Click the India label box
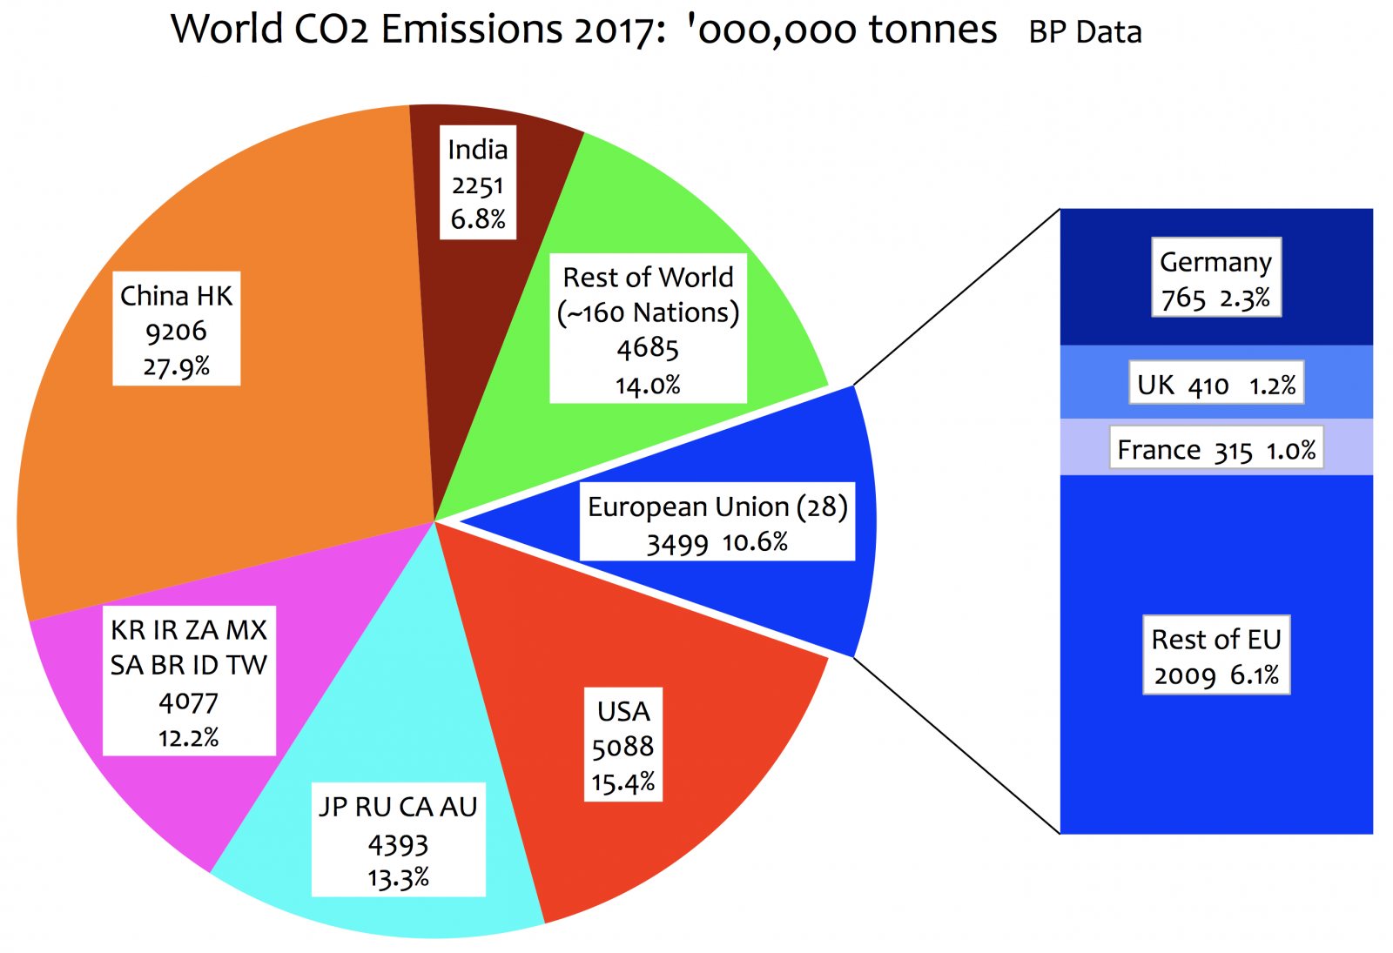477,182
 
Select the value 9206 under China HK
176,332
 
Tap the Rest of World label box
648,328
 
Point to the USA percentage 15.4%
623,782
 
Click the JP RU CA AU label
398,807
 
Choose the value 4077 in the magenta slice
188,701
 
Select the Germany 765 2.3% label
1215,278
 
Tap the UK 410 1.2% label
1215,384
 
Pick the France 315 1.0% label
1215,449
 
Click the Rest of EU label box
1215,655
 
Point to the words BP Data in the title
1085,33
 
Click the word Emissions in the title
472,30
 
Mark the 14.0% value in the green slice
648,385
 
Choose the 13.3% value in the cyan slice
398,877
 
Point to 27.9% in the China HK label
176,366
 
